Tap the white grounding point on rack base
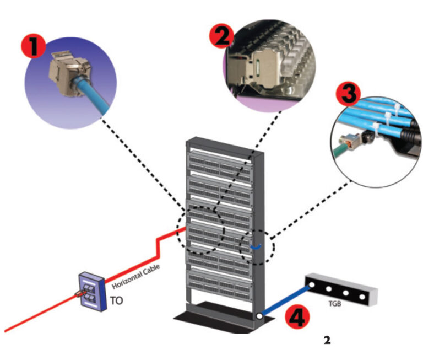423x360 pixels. pos(258,317)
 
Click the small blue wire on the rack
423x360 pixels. pos(255,248)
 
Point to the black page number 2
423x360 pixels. pos(327,341)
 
